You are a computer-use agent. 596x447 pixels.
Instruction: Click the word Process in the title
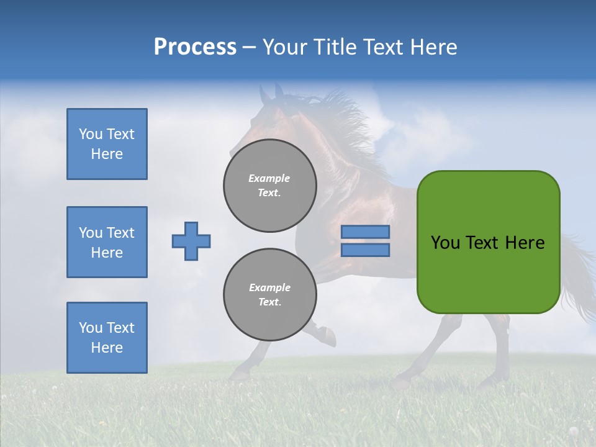(x=195, y=47)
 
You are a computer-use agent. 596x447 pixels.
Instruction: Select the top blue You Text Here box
(x=107, y=144)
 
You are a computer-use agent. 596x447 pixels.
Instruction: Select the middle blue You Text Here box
(x=107, y=242)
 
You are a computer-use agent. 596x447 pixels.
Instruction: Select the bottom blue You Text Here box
(x=107, y=337)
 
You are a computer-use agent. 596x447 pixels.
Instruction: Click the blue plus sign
(x=191, y=241)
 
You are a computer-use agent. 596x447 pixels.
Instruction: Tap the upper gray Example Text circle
(x=269, y=185)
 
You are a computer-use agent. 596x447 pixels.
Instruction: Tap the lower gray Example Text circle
(x=269, y=294)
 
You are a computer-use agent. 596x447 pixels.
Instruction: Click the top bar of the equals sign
(x=365, y=232)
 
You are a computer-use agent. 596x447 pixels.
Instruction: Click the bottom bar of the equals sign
(x=365, y=250)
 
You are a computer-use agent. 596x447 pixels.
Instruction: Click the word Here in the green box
(x=525, y=243)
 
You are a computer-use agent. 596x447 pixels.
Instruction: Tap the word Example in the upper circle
(x=269, y=178)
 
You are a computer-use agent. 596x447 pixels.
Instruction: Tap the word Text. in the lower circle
(x=269, y=302)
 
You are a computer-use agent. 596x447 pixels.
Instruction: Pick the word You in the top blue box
(x=90, y=134)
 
